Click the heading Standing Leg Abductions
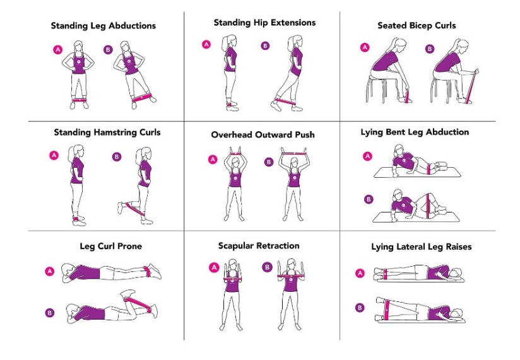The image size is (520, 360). [103, 26]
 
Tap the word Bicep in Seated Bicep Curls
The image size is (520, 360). [417, 26]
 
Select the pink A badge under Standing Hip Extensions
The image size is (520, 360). [206, 44]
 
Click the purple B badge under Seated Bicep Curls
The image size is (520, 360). [430, 49]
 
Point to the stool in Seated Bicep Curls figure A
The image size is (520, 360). [377, 88]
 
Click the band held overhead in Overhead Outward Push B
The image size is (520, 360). [293, 154]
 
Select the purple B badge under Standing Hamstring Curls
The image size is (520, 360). [117, 156]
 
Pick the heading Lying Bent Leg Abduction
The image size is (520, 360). [415, 132]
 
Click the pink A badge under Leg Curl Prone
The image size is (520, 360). [50, 272]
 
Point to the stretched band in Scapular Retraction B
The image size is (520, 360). [291, 276]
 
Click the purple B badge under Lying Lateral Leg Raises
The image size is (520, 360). [360, 308]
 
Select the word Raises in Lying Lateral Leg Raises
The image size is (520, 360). [459, 247]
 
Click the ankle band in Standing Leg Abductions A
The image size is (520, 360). [80, 100]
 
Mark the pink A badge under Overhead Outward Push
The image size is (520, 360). [213, 160]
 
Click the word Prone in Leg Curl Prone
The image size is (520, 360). [130, 247]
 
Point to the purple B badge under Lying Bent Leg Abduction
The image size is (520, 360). [369, 199]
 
